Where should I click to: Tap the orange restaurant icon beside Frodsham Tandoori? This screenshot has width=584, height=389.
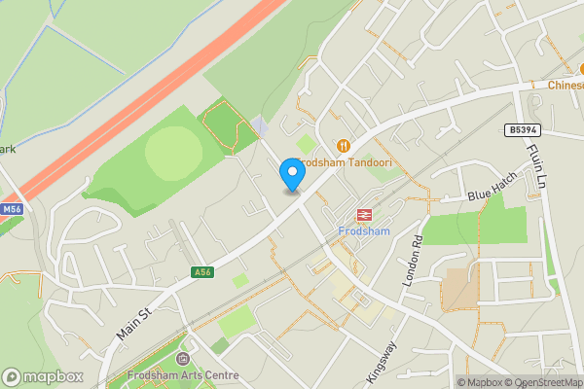coord(342,145)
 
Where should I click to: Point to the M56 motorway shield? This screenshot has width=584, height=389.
coord(11,209)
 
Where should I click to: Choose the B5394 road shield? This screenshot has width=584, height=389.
coord(522,129)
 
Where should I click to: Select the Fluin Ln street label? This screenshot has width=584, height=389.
coord(536,165)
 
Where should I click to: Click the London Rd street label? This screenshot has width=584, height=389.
coord(412,260)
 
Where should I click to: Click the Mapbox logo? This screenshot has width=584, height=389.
coord(42,376)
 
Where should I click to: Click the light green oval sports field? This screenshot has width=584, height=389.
coord(173,152)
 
